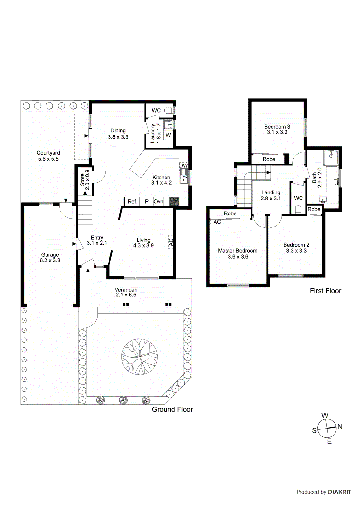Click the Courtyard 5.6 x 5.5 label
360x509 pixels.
tap(48, 156)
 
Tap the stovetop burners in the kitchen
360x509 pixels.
tap(174, 201)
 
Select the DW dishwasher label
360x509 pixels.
tap(183, 165)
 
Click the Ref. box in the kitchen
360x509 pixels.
tap(132, 202)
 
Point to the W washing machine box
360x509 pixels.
tap(168, 135)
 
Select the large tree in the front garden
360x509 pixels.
tap(139, 357)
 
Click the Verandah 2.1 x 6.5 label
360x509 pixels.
tap(126, 292)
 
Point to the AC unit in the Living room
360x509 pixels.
tap(171, 242)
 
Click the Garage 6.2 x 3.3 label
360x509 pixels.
tap(50, 257)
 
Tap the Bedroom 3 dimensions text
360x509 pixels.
tap(277, 132)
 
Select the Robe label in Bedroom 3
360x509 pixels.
tap(269, 159)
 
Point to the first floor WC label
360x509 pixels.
tap(298, 198)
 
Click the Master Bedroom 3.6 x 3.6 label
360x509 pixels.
tap(238, 254)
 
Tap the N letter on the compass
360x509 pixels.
tap(340, 427)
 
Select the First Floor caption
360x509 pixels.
tap(325, 291)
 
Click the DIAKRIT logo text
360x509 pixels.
tap(340, 492)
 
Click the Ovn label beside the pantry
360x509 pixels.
tap(158, 202)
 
